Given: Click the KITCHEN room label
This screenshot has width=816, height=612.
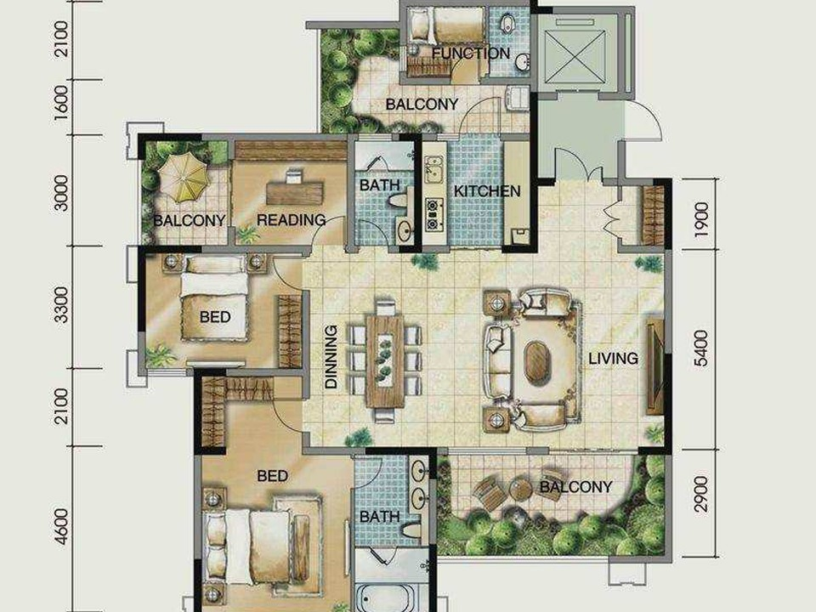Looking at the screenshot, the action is point(487,191).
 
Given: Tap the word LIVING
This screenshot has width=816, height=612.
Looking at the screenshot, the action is point(613,358).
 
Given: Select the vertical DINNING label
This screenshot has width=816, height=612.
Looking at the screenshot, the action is point(331,357).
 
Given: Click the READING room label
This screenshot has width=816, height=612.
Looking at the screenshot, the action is point(291,220).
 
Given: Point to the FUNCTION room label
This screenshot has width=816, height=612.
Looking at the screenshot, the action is point(471,53).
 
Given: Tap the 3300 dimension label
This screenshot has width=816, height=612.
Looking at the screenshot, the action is point(61,305).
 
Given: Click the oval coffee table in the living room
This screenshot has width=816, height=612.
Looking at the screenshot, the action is point(537,362).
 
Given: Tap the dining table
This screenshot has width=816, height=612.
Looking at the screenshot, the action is point(384,360).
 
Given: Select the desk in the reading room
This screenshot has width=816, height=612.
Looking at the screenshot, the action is point(295,192).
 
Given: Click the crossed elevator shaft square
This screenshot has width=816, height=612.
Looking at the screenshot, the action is point(575,56).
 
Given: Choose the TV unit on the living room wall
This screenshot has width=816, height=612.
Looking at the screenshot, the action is point(654,366).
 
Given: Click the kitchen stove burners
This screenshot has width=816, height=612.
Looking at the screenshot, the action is point(433,214).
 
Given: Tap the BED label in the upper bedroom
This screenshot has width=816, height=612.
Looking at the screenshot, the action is point(215,317).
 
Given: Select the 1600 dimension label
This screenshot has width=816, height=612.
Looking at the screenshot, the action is point(61,103).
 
